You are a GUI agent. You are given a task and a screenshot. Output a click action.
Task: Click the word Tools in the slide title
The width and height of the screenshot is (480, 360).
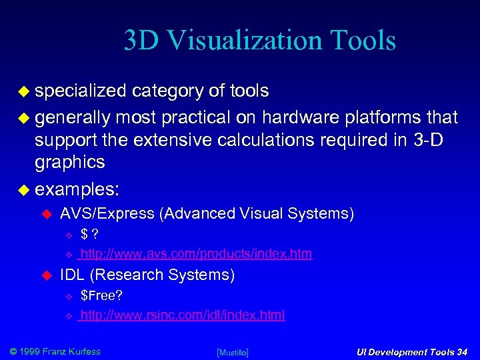(x=363, y=41)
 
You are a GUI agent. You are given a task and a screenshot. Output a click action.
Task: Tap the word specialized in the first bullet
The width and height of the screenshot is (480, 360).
(x=80, y=91)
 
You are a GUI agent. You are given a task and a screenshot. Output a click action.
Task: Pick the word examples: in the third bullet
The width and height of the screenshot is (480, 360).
(x=77, y=189)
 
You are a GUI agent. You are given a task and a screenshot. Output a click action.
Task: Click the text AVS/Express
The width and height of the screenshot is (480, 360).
(x=107, y=213)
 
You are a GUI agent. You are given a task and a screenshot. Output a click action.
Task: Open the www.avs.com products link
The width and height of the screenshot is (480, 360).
(x=195, y=254)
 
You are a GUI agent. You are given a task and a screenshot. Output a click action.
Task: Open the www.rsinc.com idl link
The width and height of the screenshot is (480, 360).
(x=182, y=315)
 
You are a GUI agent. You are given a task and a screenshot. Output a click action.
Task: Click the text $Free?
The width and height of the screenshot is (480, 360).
(x=101, y=295)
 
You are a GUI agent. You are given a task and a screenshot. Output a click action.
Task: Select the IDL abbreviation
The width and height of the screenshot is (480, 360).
(x=72, y=275)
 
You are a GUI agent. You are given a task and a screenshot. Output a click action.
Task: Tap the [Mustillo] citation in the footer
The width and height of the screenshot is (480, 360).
(x=233, y=352)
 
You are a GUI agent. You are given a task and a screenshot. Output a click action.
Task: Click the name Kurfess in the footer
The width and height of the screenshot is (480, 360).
(x=82, y=351)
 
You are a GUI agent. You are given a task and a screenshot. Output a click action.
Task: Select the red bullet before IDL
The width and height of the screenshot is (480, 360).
(x=47, y=275)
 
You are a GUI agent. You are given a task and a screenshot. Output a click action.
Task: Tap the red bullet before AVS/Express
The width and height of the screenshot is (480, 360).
(x=47, y=214)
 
